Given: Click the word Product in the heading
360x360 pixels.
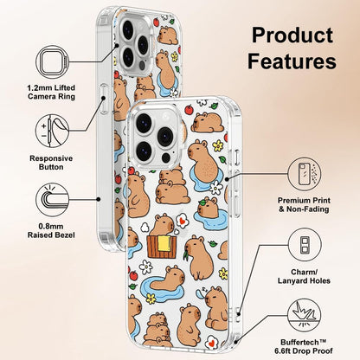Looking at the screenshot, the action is (292, 35).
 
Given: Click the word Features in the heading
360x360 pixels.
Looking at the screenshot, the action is (292, 61).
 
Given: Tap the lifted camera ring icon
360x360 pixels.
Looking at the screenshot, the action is (53, 62).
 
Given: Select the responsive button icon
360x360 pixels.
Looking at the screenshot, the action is (52, 131).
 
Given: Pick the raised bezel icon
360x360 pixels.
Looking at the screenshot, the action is (52, 200).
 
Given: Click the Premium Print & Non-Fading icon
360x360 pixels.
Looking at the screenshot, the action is (305, 174).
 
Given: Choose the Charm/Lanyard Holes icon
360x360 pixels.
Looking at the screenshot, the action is (305, 245).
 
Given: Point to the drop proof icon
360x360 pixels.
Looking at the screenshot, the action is (305, 315).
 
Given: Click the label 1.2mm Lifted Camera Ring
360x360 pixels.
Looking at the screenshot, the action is (51, 92).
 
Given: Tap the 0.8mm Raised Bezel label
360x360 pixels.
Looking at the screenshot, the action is (51, 231).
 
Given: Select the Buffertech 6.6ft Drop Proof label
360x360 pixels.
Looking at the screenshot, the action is (304, 347).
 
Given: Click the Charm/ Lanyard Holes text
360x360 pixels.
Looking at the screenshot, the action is (304, 276).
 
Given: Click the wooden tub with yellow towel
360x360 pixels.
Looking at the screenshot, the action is (161, 247).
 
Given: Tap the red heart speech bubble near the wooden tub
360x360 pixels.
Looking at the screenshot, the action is (182, 222).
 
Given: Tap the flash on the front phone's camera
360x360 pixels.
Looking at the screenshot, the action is (165, 157).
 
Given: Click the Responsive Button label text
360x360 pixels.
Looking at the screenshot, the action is (51, 163).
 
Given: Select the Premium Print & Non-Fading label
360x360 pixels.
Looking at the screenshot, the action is (304, 204).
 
